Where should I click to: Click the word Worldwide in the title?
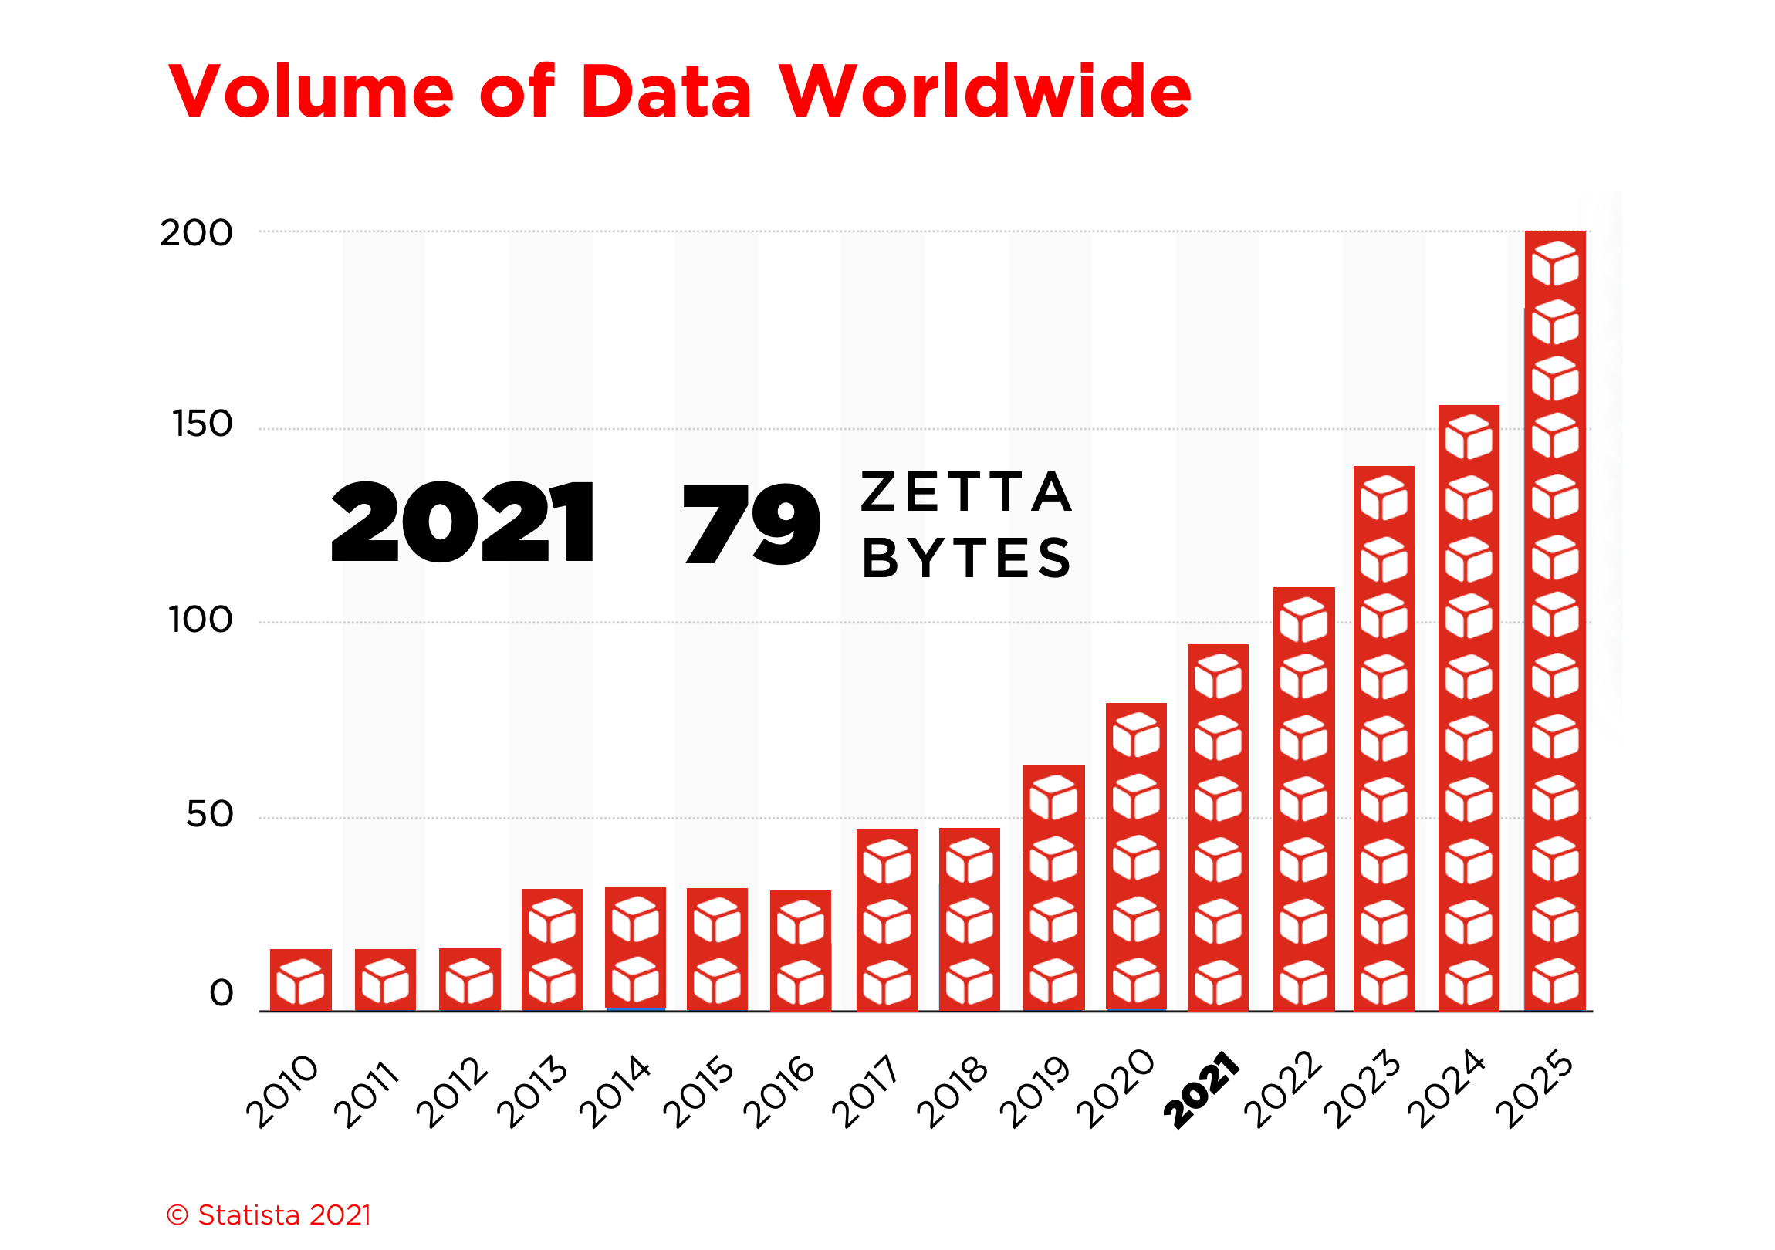coord(985,92)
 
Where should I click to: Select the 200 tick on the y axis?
coord(195,234)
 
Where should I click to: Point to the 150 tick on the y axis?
coord(201,424)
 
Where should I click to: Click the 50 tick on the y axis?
coord(208,815)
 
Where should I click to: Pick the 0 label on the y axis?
coord(221,994)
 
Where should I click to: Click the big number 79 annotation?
coord(750,524)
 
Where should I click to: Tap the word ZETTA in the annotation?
coord(966,492)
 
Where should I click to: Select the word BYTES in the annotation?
coord(966,558)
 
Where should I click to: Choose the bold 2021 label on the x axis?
coord(1201,1090)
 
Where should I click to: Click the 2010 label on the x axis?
coord(282,1092)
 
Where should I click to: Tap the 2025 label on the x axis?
coord(1534,1090)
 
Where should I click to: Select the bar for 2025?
coord(1555,618)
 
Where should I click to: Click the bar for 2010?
coord(301,980)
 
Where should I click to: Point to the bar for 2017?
coord(887,920)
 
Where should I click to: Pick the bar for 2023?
coord(1384,738)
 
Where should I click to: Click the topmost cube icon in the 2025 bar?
coord(1555,263)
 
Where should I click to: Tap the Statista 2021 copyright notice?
coord(269,1215)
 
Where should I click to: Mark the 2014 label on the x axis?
coord(615,1092)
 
